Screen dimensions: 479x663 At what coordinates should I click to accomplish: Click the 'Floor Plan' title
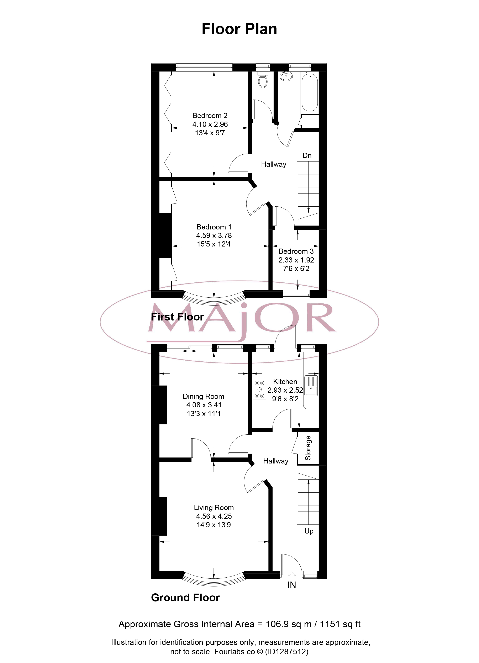tap(239, 29)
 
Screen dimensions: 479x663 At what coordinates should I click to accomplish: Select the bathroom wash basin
tap(286, 76)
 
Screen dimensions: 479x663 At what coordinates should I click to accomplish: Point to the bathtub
tap(310, 92)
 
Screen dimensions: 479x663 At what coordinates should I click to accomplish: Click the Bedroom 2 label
tap(210, 116)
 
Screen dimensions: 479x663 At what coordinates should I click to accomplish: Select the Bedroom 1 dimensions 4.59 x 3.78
tap(214, 235)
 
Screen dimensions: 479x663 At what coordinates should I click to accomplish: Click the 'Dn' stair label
tap(307, 155)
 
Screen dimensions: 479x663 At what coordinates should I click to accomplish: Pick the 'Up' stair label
tap(309, 531)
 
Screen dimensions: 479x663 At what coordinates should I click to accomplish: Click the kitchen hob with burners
tap(260, 389)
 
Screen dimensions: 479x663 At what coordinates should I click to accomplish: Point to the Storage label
tap(308, 448)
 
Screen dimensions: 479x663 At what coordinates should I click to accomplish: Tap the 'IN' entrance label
tap(291, 585)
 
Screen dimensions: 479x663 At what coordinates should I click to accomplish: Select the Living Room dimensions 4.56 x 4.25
tap(214, 516)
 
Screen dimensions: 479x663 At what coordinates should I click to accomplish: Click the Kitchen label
tap(285, 382)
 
